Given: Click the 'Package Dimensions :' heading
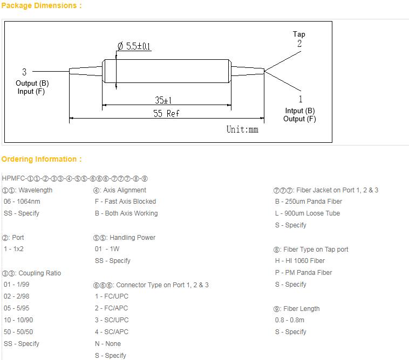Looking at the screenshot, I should [x=42, y=5].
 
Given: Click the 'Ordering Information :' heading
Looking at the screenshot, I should [x=42, y=159].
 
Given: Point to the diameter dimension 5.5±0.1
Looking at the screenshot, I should [x=134, y=47].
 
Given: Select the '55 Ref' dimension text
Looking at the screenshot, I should [x=166, y=113].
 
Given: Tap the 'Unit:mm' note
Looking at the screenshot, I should [x=242, y=129].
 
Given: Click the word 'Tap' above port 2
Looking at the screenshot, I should [x=299, y=34].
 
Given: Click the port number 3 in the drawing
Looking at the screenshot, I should [x=24, y=72].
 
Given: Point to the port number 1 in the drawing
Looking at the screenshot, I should [x=300, y=99].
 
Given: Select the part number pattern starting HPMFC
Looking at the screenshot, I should [x=74, y=178].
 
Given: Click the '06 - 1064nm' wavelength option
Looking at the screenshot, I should [x=22, y=202].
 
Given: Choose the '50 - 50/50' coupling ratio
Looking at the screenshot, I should [x=18, y=332].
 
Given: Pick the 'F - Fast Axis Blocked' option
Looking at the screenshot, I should [x=125, y=202].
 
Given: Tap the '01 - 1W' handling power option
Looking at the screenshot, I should [x=107, y=249].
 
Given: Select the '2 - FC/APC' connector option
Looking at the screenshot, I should [x=111, y=308].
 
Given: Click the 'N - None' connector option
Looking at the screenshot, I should [x=107, y=344].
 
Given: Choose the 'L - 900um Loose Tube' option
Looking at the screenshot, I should [x=307, y=213].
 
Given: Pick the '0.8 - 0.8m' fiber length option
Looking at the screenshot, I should [x=290, y=320].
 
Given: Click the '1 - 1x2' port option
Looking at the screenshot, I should [x=13, y=249].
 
